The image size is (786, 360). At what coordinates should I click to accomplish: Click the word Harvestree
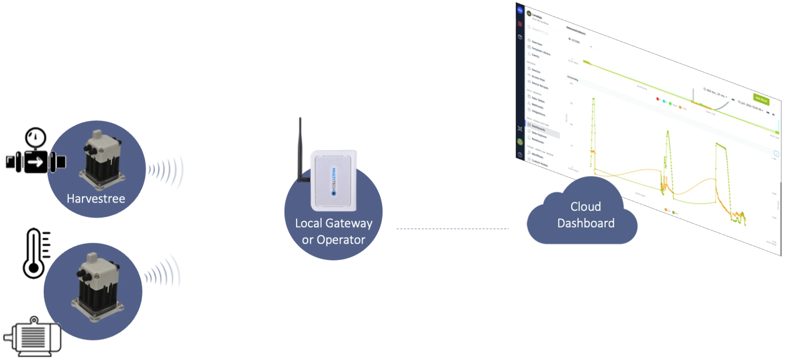tap(96, 198)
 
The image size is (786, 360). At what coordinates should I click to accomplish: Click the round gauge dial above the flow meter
tap(36, 138)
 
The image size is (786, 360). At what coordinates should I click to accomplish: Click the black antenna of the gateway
tap(299, 148)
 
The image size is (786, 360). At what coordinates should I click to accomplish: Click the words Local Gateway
tap(333, 223)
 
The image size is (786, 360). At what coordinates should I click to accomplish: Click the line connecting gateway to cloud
tap(452, 228)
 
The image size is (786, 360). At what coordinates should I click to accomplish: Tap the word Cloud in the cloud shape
tap(585, 206)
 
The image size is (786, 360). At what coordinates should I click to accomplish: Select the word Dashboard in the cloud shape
tap(585, 223)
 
